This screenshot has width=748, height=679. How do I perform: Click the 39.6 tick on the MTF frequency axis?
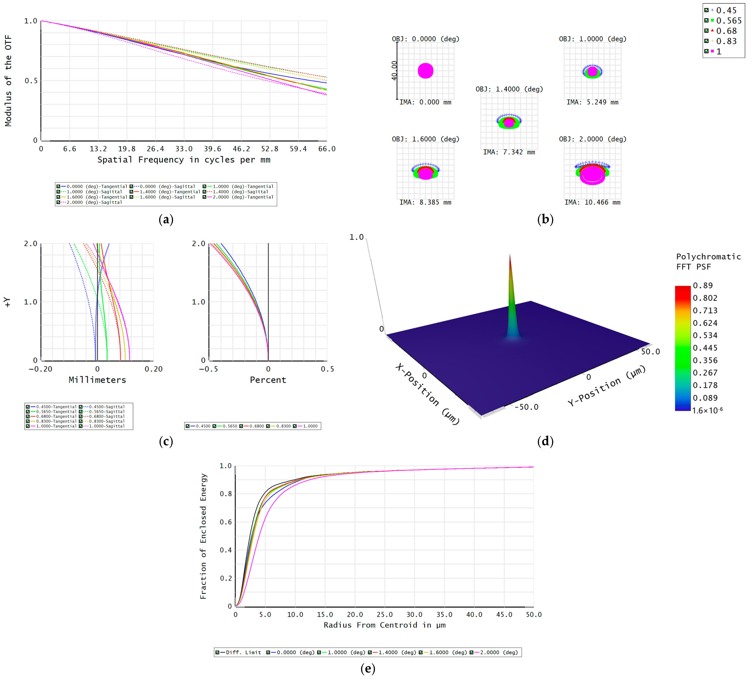[x=213, y=149]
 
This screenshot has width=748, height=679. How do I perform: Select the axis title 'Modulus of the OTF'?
[x=8, y=80]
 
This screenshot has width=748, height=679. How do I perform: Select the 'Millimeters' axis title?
[x=97, y=380]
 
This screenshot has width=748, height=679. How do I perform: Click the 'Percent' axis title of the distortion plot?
[x=268, y=380]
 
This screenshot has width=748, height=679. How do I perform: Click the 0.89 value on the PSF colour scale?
[x=703, y=285]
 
